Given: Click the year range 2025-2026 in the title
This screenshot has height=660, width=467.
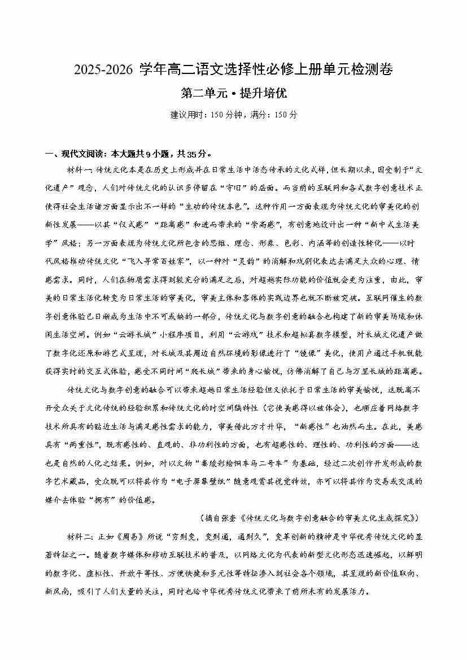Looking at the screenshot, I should pos(102,71).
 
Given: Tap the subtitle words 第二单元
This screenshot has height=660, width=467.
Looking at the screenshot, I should pos(200,93).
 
